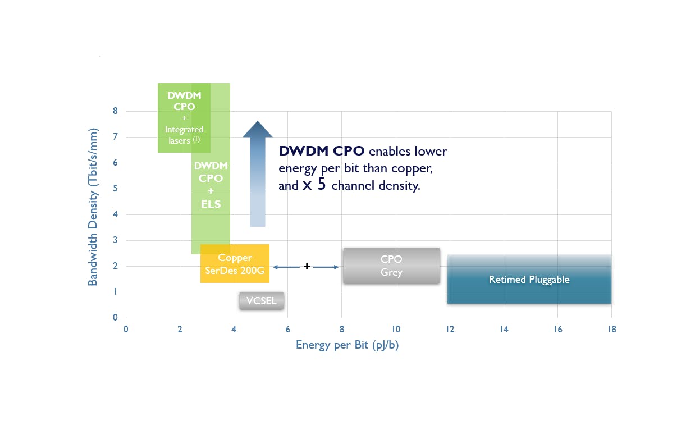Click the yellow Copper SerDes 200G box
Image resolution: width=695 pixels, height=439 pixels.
pyautogui.click(x=235, y=263)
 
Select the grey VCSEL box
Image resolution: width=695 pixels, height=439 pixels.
pyautogui.click(x=262, y=301)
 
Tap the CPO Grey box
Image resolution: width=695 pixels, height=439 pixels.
pyautogui.click(x=391, y=266)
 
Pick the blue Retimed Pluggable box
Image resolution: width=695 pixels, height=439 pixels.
pyautogui.click(x=529, y=280)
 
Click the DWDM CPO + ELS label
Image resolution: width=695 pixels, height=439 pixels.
pyautogui.click(x=211, y=185)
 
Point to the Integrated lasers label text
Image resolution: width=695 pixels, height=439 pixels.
pyautogui.click(x=184, y=135)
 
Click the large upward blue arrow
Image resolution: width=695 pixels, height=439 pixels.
pyautogui.click(x=257, y=174)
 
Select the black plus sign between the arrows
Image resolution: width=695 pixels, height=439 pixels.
pyautogui.click(x=307, y=267)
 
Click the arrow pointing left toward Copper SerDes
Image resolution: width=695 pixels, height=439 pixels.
pyautogui.click(x=287, y=267)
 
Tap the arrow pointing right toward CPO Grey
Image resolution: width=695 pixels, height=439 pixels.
pyautogui.click(x=326, y=267)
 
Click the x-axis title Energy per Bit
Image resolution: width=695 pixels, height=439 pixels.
pyautogui.click(x=347, y=345)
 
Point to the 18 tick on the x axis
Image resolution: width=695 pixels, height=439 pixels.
pyautogui.click(x=611, y=330)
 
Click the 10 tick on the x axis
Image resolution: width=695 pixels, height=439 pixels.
pyautogui.click(x=396, y=330)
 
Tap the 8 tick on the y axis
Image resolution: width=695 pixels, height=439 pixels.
pyautogui.click(x=115, y=111)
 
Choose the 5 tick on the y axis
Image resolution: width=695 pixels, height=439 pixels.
pyautogui.click(x=115, y=189)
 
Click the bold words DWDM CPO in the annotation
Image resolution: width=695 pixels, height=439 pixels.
pyautogui.click(x=322, y=151)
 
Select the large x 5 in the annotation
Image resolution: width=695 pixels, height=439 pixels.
pyautogui.click(x=314, y=185)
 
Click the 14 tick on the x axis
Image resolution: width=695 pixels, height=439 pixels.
pyautogui.click(x=504, y=330)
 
